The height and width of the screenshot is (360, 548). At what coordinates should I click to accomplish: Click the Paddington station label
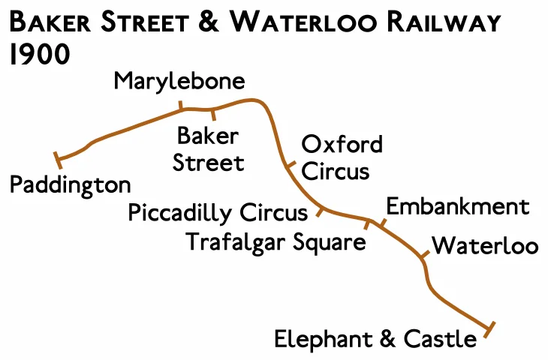tap(70, 184)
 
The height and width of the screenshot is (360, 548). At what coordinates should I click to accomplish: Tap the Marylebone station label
tap(179, 81)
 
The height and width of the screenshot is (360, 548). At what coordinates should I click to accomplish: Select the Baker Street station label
tap(209, 149)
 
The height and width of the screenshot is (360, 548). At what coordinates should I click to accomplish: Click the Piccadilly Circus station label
tap(218, 213)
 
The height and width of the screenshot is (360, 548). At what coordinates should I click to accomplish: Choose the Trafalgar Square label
tap(276, 242)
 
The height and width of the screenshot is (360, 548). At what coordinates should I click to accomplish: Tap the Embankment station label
tap(457, 206)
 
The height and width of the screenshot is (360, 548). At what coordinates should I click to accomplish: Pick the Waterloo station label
tap(486, 245)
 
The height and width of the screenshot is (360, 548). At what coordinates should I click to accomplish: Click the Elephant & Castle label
tap(375, 339)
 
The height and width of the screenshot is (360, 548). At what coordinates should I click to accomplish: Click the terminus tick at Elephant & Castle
tap(490, 328)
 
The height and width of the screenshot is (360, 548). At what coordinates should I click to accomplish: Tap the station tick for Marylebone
tap(180, 106)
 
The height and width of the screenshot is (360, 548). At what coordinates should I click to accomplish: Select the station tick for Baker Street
tap(214, 114)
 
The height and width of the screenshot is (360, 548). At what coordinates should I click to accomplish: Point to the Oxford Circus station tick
tap(291, 166)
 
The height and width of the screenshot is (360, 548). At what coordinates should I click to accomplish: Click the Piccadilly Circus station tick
tap(321, 211)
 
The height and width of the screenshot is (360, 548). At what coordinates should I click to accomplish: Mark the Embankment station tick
tap(381, 223)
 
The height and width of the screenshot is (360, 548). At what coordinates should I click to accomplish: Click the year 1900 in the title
tap(38, 55)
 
